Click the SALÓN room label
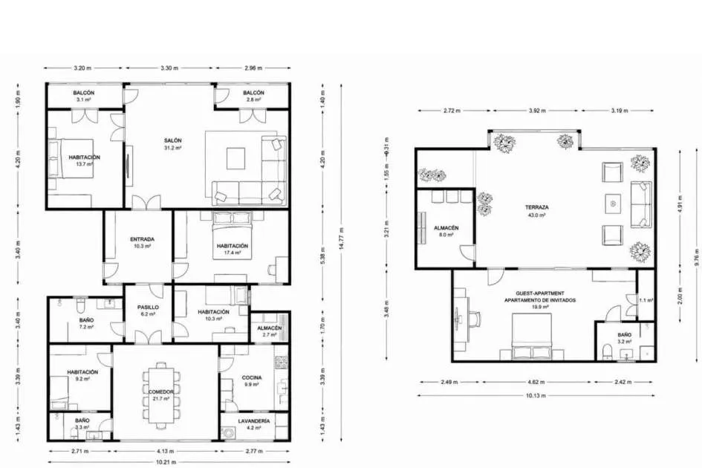coord(172,140)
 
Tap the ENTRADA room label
coord(143,239)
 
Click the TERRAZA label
coord(537,207)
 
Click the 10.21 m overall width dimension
coord(166,462)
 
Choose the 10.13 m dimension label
coord(536,395)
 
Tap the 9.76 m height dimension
coord(697,256)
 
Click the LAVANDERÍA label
coord(254,421)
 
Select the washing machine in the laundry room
coord(227,433)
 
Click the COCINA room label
coord(252,377)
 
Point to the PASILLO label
coord(148,308)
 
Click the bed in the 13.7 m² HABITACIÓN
coord(71,158)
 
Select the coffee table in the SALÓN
coord(235,158)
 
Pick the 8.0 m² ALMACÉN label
coord(446,228)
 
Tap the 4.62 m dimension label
coord(536,382)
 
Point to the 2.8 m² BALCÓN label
coord(253,93)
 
